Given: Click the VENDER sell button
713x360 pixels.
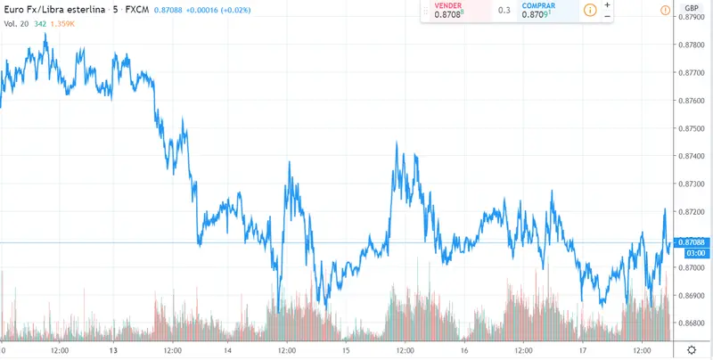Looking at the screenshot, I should [x=457, y=10].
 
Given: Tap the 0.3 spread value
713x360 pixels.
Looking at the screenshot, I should [x=504, y=11].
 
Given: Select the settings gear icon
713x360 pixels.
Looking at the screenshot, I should [x=691, y=350].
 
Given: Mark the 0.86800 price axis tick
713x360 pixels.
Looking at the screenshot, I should [x=693, y=323].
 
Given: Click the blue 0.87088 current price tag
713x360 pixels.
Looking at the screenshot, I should [x=693, y=242].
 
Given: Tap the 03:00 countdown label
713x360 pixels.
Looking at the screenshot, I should [x=693, y=253].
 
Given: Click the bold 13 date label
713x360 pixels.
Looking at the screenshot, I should [x=113, y=350].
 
